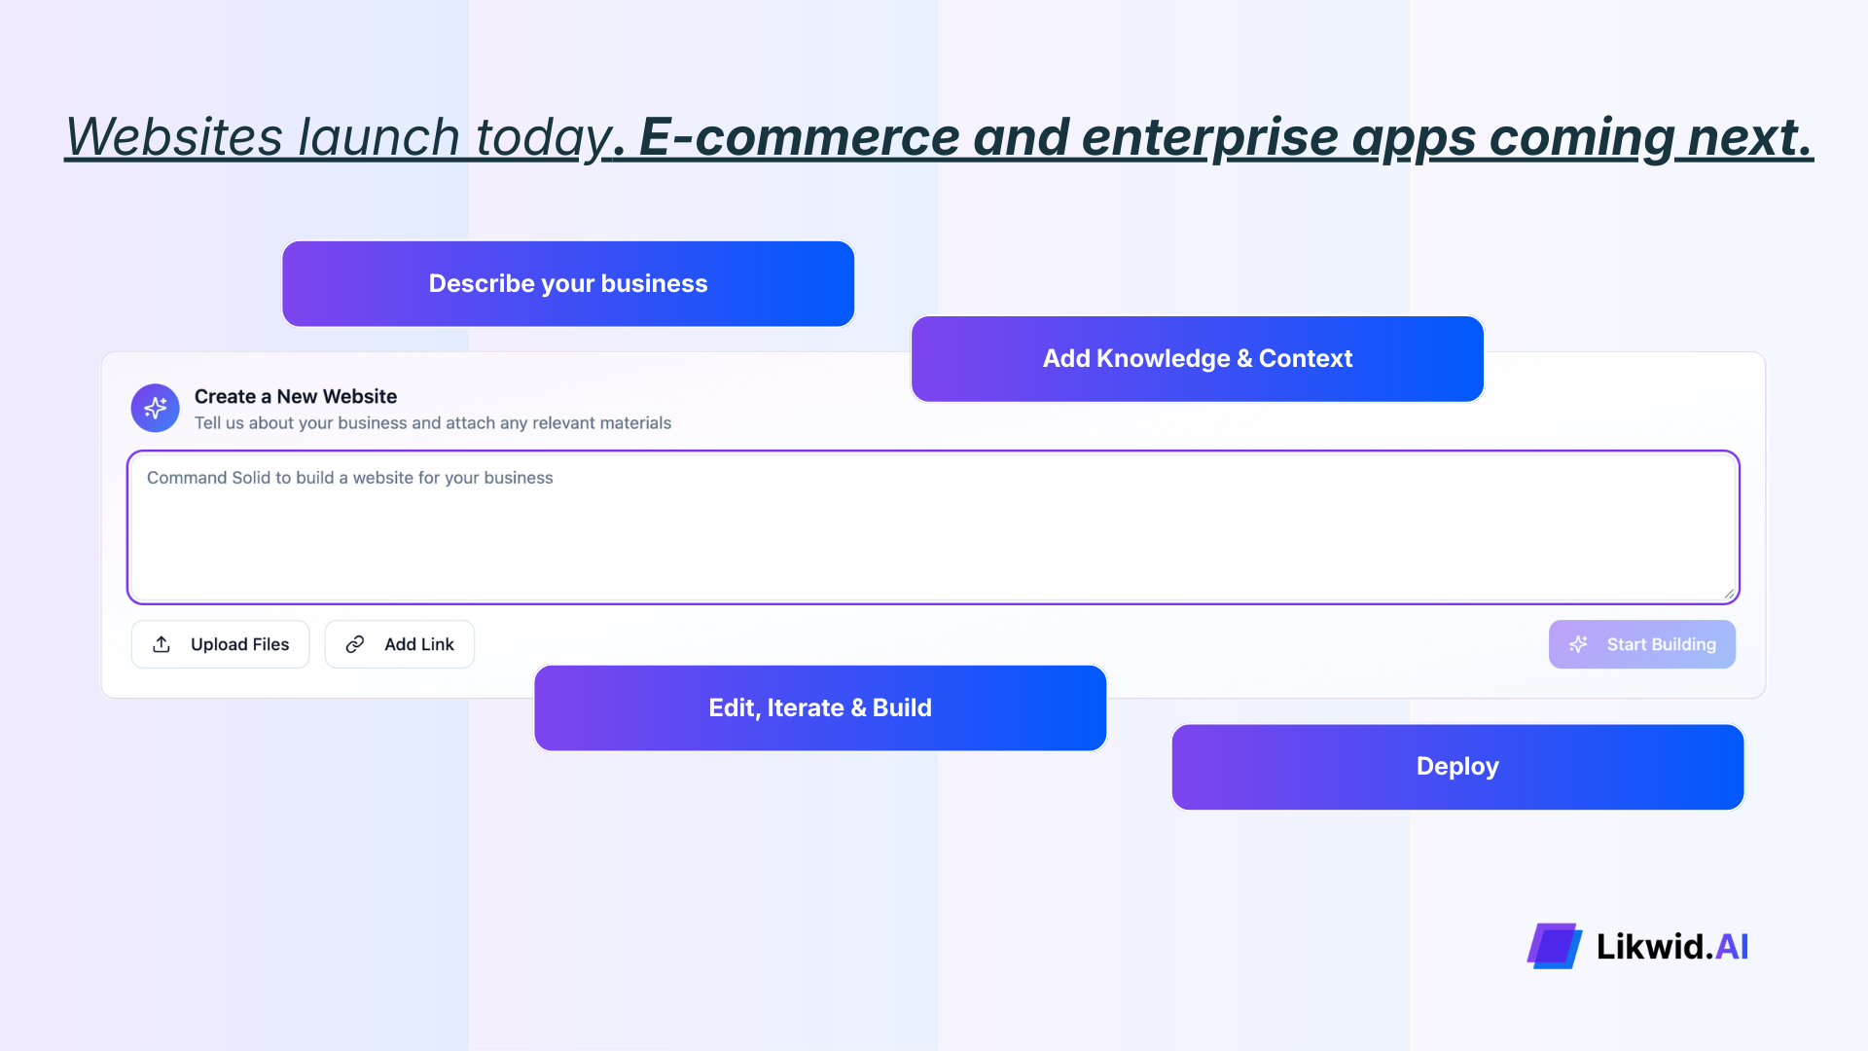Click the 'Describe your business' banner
568,283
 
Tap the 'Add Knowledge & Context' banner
1197,358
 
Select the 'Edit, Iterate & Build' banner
819,707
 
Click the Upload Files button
221,644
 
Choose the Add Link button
400,644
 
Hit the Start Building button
1641,644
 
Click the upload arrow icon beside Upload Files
162,644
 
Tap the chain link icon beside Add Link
355,644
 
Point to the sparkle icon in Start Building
1578,644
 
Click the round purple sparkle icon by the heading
156,408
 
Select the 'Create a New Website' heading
296,396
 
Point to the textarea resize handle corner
1728,593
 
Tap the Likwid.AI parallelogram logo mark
1554,946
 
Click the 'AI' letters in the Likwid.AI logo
1732,946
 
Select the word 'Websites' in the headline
174,136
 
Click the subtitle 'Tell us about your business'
433,423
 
